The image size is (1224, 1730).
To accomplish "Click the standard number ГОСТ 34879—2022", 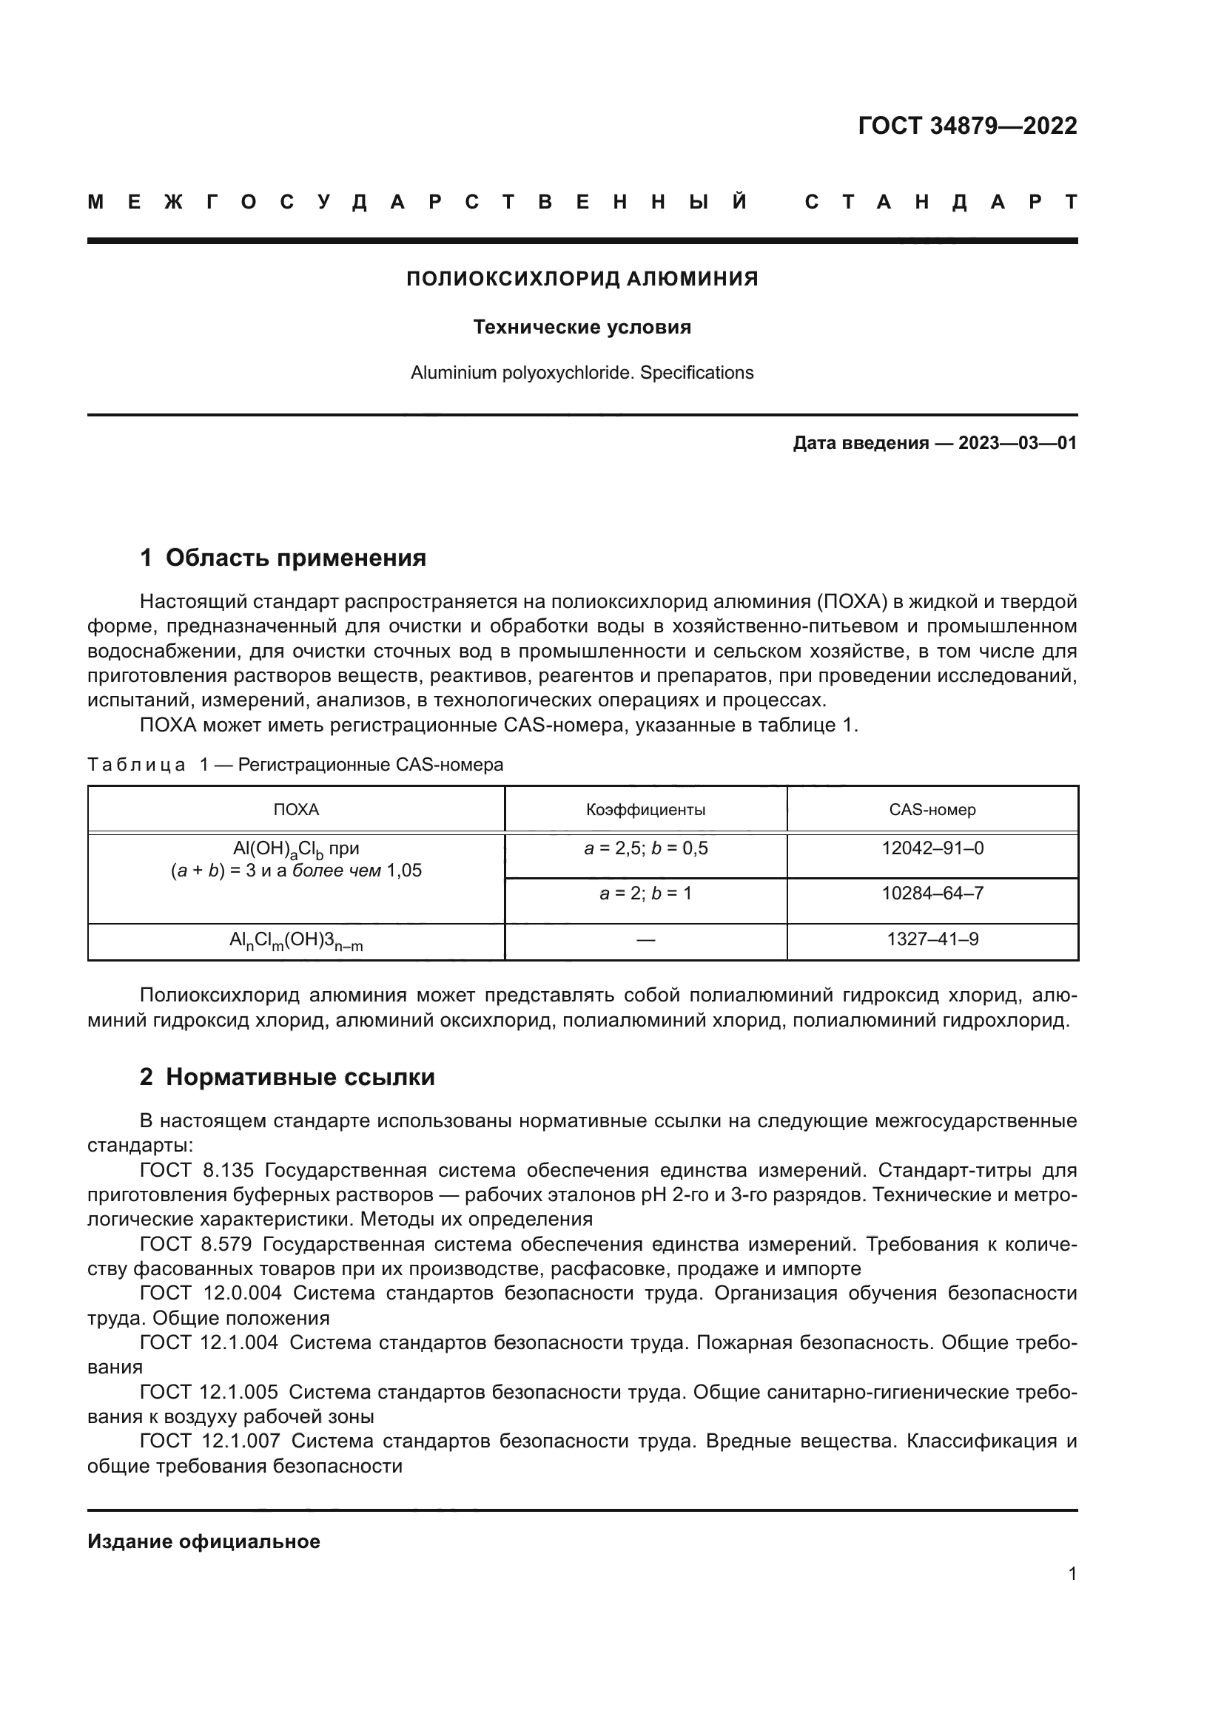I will [967, 126].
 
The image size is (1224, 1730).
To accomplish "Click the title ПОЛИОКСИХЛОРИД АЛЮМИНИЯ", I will [582, 279].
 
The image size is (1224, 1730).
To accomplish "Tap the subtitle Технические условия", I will [582, 327].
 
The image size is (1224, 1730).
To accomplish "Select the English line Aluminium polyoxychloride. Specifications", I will [582, 373].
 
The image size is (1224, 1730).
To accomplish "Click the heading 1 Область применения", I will [283, 558].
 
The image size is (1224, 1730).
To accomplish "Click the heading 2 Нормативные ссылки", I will [287, 1077].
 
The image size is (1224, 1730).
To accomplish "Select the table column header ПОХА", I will [295, 810].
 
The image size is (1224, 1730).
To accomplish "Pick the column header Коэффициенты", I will [646, 810].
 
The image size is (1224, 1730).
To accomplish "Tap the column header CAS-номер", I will [932, 810].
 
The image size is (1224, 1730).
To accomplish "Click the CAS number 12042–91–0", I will [932, 848].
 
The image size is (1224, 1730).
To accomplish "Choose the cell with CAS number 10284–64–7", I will [932, 893].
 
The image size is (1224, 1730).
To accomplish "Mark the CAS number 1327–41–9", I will [932, 939].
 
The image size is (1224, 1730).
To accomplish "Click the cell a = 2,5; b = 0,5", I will [646, 848].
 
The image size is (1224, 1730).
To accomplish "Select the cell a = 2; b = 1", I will [646, 893].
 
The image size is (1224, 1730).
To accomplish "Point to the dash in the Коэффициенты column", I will [646, 939].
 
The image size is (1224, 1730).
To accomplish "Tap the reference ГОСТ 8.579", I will [195, 1244].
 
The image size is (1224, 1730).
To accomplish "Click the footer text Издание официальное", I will [204, 1541].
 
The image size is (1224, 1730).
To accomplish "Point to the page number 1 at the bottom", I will [1072, 1573].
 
